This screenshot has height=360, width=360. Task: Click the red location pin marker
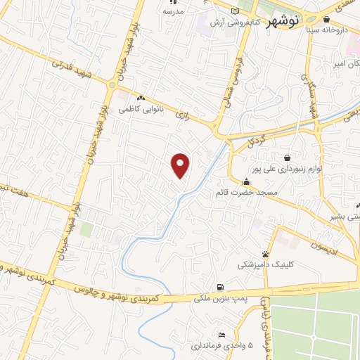pos(181,166)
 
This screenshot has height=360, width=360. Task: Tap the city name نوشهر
pos(284,21)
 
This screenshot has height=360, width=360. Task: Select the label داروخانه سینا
pos(333,31)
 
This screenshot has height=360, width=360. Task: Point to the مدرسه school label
pos(172,12)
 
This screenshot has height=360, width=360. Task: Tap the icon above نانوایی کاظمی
pos(141,98)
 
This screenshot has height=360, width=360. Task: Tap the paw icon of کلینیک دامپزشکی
pos(264,254)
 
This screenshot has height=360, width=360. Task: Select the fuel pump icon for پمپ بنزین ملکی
pos(221,287)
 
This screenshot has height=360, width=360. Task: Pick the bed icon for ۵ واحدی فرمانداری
pos(222,334)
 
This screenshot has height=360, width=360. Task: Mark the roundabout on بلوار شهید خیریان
pos(111,86)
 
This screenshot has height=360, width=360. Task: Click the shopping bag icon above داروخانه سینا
pos(326,20)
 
